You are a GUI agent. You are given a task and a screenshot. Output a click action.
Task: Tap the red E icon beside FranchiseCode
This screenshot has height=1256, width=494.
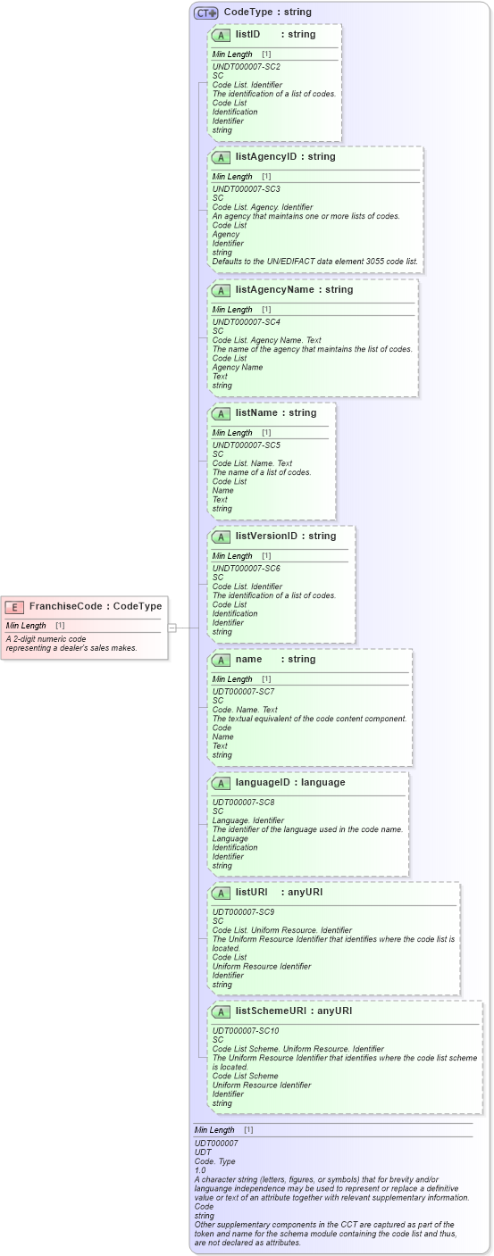(14, 607)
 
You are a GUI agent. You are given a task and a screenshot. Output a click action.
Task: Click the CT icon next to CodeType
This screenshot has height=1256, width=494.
(206, 12)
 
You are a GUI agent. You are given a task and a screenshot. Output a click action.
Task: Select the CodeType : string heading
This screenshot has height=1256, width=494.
(267, 12)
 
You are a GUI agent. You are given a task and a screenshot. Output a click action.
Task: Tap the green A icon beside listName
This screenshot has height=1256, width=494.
(220, 413)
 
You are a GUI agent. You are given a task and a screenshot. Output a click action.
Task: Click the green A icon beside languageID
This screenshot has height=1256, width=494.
(220, 783)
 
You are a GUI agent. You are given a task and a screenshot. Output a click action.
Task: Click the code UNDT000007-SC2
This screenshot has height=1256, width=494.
(246, 67)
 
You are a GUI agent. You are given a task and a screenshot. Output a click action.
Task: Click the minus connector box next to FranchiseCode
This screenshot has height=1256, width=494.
(172, 628)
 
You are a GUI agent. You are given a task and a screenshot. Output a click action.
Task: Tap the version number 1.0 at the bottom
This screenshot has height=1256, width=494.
(200, 1169)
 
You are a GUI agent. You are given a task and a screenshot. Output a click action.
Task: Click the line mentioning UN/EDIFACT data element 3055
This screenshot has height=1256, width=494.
(314, 262)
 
